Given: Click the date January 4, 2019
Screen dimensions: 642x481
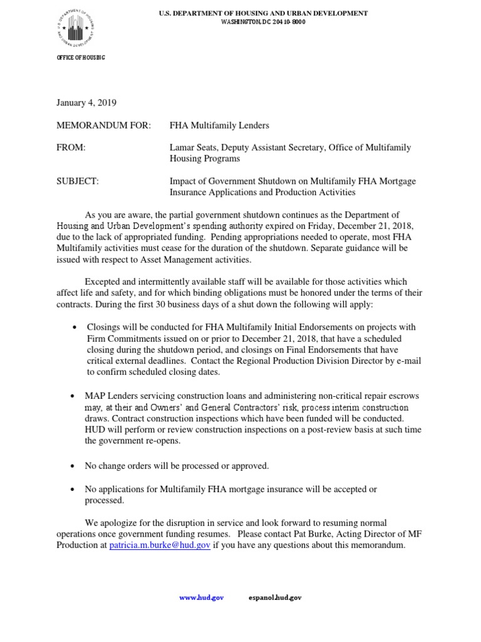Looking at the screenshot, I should (86, 103).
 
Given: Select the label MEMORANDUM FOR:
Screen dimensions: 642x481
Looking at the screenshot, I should (104, 126).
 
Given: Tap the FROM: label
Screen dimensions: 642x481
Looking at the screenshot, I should (71, 148).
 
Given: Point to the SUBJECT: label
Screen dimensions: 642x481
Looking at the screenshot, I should (78, 181).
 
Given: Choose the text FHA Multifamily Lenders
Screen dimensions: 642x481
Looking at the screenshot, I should (219, 126).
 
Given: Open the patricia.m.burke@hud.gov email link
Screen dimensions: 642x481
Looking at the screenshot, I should (160, 545).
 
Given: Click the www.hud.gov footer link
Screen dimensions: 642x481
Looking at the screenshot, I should (201, 598).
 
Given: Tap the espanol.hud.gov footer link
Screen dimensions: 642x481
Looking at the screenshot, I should (274, 598).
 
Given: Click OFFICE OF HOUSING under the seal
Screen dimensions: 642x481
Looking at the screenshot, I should (81, 58).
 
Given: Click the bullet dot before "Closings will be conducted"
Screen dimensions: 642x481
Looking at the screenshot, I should (75, 328).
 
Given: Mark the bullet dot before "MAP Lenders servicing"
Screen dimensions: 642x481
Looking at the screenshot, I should (75, 397).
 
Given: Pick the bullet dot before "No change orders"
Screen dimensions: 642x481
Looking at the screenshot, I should (75, 466).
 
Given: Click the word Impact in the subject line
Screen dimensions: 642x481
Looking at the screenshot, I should (183, 181).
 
